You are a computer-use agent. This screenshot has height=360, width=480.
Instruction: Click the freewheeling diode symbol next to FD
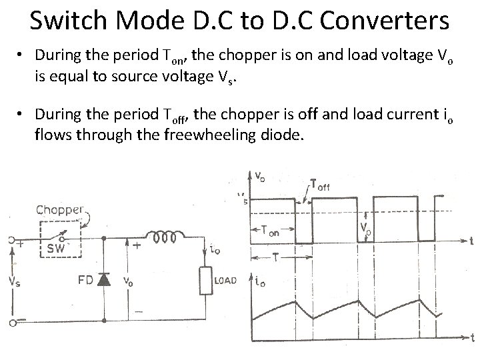click(103, 279)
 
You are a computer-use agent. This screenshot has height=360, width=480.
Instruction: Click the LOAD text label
click(225, 281)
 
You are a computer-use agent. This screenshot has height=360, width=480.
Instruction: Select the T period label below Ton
click(274, 257)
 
